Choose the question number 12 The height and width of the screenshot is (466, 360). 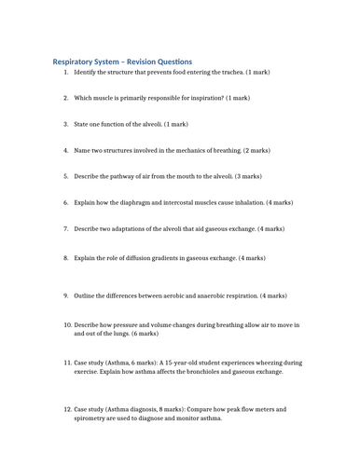click(66, 409)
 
